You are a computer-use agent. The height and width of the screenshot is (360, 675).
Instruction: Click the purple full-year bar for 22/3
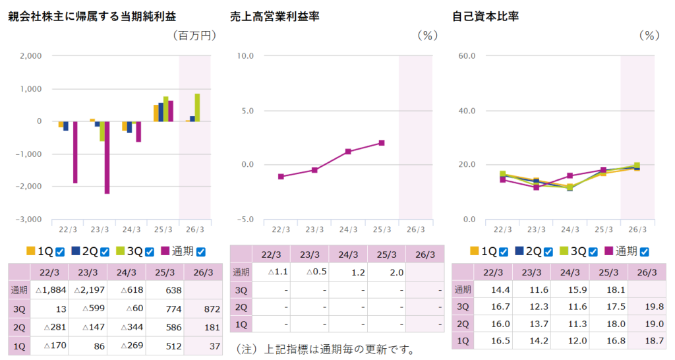point(75,152)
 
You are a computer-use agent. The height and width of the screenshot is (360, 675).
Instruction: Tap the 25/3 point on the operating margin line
point(382,143)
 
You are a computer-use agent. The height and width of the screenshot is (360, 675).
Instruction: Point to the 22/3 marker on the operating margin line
point(281,177)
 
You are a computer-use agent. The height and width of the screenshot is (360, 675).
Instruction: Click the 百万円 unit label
point(194,36)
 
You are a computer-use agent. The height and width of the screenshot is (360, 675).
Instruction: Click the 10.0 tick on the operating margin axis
point(245,56)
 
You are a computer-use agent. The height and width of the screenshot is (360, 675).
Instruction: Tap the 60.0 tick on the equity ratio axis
point(467,56)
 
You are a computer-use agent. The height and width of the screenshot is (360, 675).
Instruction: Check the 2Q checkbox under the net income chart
point(104,251)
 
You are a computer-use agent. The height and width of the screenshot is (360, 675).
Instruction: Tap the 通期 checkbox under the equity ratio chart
point(644,251)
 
